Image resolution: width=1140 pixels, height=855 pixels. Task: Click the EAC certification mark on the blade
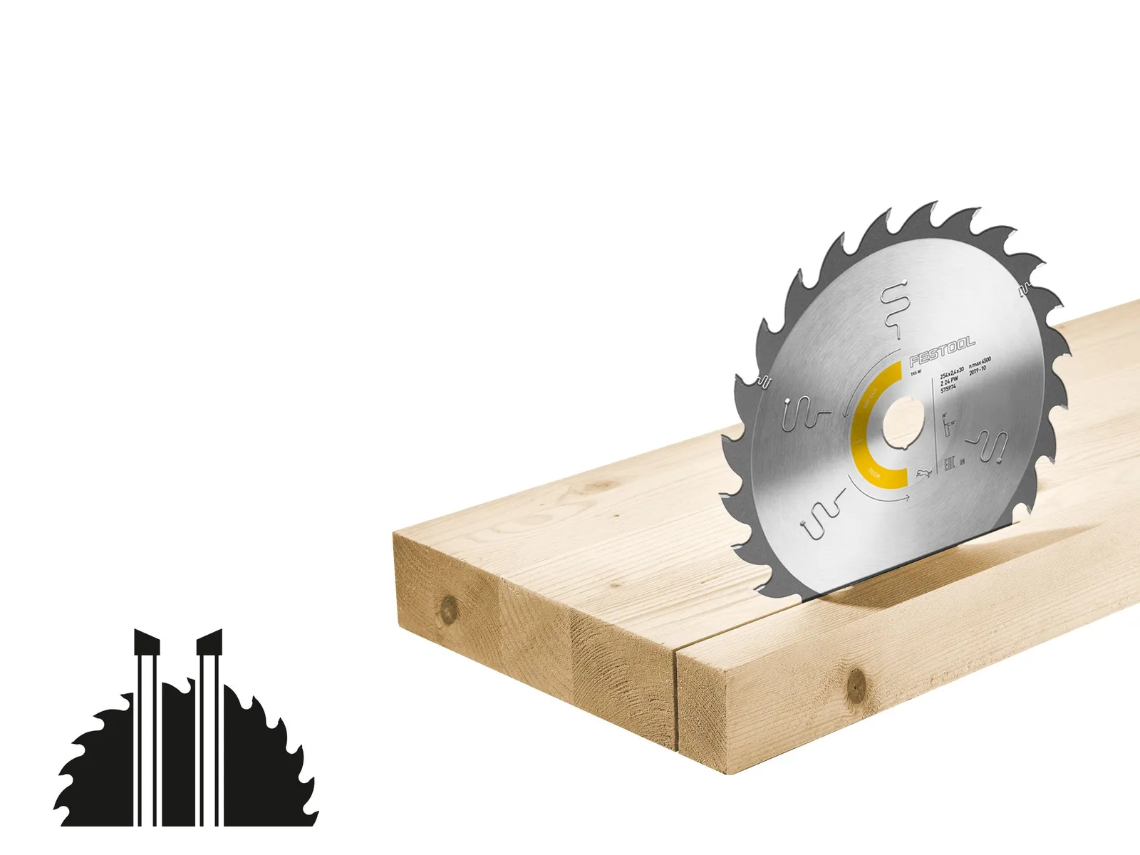(948, 466)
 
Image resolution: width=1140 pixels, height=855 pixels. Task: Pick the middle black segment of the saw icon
(178, 769)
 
